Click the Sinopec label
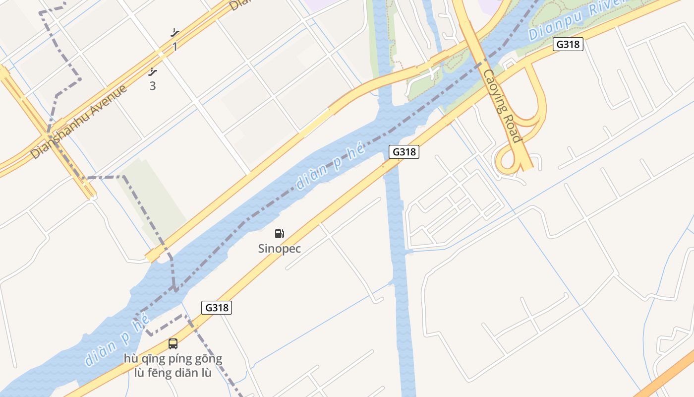(x=279, y=249)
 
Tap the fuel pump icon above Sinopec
(x=280, y=233)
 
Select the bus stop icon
(x=173, y=343)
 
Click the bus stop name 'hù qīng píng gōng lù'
(x=173, y=358)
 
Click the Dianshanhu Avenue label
(x=79, y=122)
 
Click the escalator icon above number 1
(x=174, y=33)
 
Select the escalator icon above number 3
(x=153, y=72)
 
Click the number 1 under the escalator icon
(x=174, y=47)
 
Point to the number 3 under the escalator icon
(x=153, y=86)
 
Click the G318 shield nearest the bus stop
(x=217, y=308)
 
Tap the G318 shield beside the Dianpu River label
(x=568, y=44)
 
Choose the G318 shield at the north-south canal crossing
(x=404, y=152)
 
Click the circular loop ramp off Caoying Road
(x=507, y=161)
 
